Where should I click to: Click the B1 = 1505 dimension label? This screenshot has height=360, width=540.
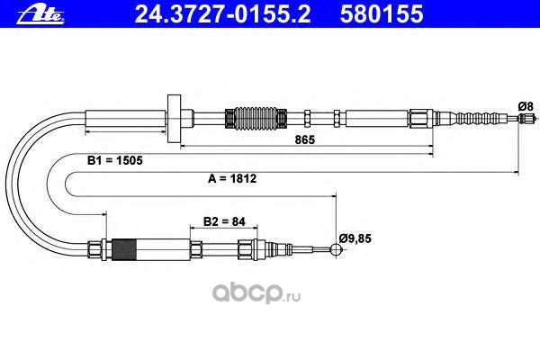113,160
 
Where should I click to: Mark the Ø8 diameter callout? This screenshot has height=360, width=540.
526,106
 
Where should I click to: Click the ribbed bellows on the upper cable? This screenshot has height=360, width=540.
244,117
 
